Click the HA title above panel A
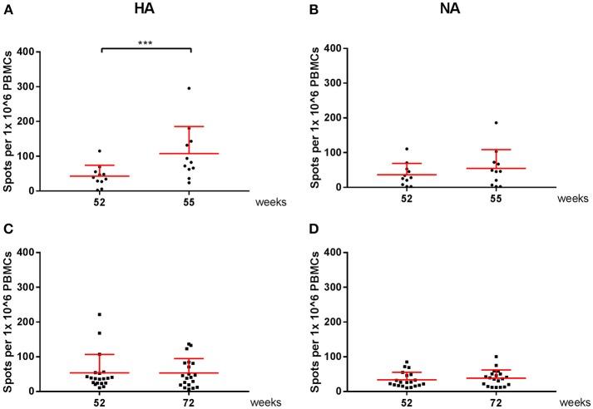click(146, 9)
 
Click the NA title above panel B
click(448, 9)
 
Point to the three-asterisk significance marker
click(146, 42)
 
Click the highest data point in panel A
click(189, 88)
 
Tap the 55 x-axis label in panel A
click(191, 202)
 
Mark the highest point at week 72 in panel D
click(496, 357)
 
